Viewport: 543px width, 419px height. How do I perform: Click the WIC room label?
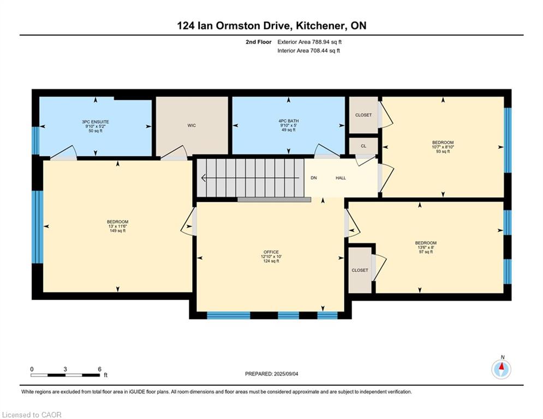192,125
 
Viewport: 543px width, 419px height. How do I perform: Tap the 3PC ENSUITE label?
96,122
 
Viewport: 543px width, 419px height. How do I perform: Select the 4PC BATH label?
289,121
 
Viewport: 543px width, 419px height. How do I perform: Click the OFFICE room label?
271,252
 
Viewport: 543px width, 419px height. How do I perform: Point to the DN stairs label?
314,178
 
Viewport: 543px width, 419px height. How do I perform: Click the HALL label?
341,178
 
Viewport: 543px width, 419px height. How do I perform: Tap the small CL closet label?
363,146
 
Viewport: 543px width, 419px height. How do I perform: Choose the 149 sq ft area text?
117,231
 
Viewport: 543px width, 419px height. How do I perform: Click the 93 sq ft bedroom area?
443,151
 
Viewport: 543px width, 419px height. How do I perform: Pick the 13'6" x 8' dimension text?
426,248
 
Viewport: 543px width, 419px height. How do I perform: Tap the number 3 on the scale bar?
65,369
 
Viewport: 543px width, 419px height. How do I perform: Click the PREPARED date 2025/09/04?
286,374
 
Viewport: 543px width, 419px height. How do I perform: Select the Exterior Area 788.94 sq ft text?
309,42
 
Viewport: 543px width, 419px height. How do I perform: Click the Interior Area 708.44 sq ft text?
308,51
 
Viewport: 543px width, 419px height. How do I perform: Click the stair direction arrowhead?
204,178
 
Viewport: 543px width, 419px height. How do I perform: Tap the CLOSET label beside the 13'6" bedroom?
360,270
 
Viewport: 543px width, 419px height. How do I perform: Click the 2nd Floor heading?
259,42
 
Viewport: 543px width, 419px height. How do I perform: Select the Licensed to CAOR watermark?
32,415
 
